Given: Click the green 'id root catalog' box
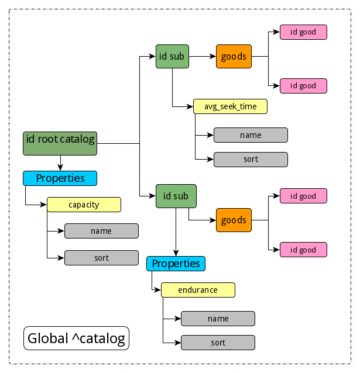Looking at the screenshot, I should [x=59, y=143].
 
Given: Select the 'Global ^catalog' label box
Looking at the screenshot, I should [x=76, y=338].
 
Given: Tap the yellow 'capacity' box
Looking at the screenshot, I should [x=84, y=205].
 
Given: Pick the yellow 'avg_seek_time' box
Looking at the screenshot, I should [x=230, y=106].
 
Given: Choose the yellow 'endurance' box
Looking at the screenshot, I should [x=198, y=290].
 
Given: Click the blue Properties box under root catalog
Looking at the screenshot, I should [x=60, y=178].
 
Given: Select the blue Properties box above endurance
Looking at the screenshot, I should [x=176, y=264].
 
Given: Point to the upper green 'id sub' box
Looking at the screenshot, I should [x=173, y=57].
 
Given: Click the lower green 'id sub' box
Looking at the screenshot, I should [x=176, y=196].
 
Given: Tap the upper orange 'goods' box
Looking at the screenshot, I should [x=234, y=57].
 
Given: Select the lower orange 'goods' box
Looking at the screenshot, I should [x=234, y=220].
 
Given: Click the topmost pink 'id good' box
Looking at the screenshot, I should [x=303, y=32].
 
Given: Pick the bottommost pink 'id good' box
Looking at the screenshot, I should [x=303, y=250].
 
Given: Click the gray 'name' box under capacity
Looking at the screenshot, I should [x=101, y=231].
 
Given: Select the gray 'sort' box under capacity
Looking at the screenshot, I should [x=101, y=258].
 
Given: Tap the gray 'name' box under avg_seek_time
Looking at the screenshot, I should [x=251, y=135].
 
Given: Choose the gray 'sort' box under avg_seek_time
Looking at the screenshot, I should [x=251, y=159].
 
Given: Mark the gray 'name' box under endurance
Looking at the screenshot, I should [x=218, y=319].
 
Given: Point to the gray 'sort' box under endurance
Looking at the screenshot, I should [x=218, y=343].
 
